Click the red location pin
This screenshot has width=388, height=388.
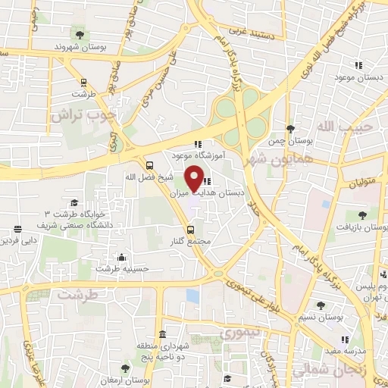[195, 179]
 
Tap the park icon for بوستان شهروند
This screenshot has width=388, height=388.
[79, 33]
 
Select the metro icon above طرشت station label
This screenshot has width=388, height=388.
[83, 83]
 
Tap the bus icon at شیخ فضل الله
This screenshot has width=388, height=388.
[149, 165]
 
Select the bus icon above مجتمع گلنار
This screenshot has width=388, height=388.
[190, 230]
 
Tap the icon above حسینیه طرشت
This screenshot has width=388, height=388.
[120, 258]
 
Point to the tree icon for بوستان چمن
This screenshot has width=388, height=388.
[289, 128]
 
